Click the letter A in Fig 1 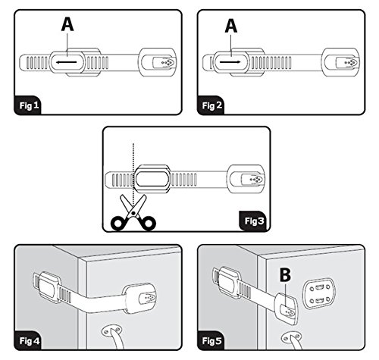[x=67, y=25]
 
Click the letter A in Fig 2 [x=231, y=27]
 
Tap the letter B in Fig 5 [x=285, y=274]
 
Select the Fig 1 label [x=30, y=105]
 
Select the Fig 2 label [x=212, y=105]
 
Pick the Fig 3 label [x=254, y=221]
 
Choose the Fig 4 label [x=30, y=341]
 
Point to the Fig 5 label [x=212, y=341]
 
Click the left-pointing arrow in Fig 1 [x=66, y=62]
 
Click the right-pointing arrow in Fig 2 [x=230, y=62]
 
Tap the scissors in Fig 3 [x=133, y=213]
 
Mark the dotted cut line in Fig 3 [x=133, y=169]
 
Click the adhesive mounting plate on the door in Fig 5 [x=320, y=294]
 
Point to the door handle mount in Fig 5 [x=291, y=338]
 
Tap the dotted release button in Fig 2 [x=348, y=62]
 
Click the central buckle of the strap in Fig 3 [x=152, y=179]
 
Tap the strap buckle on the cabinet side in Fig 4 [x=49, y=286]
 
